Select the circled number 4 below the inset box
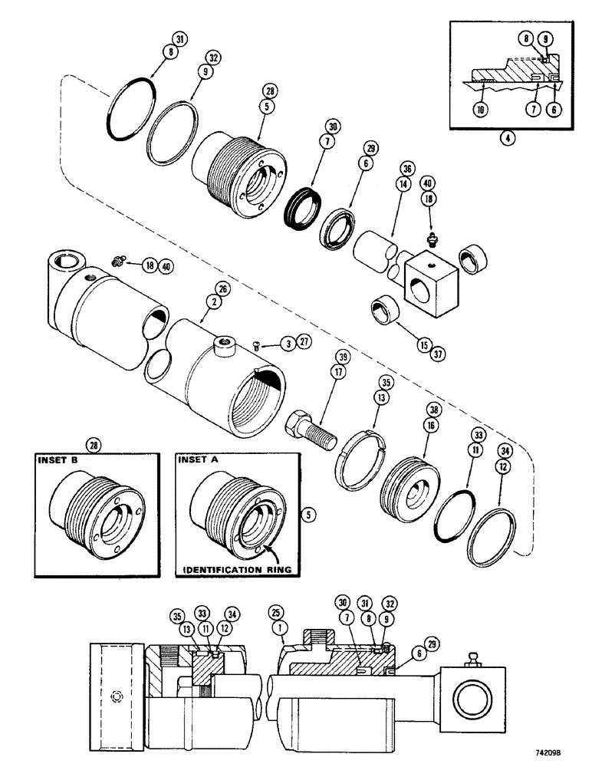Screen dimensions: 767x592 pyautogui.click(x=504, y=140)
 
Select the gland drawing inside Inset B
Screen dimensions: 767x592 pyautogui.click(x=92, y=522)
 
